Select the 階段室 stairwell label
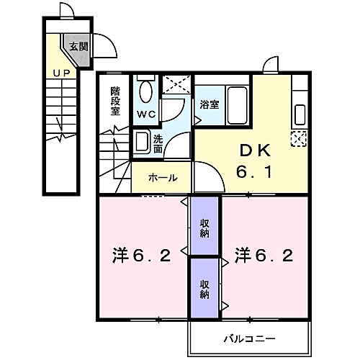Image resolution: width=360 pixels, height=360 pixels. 115,101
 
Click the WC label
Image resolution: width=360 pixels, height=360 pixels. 146,114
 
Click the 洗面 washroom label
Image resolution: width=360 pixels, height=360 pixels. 158,143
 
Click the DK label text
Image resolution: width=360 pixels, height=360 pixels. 254,150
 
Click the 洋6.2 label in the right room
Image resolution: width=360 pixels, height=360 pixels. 264,256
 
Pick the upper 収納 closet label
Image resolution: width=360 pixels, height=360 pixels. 204,227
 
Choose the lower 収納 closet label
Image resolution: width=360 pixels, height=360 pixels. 204,289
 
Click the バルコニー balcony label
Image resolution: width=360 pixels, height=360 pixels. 248,337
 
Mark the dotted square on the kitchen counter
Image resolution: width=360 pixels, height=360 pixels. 298,138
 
